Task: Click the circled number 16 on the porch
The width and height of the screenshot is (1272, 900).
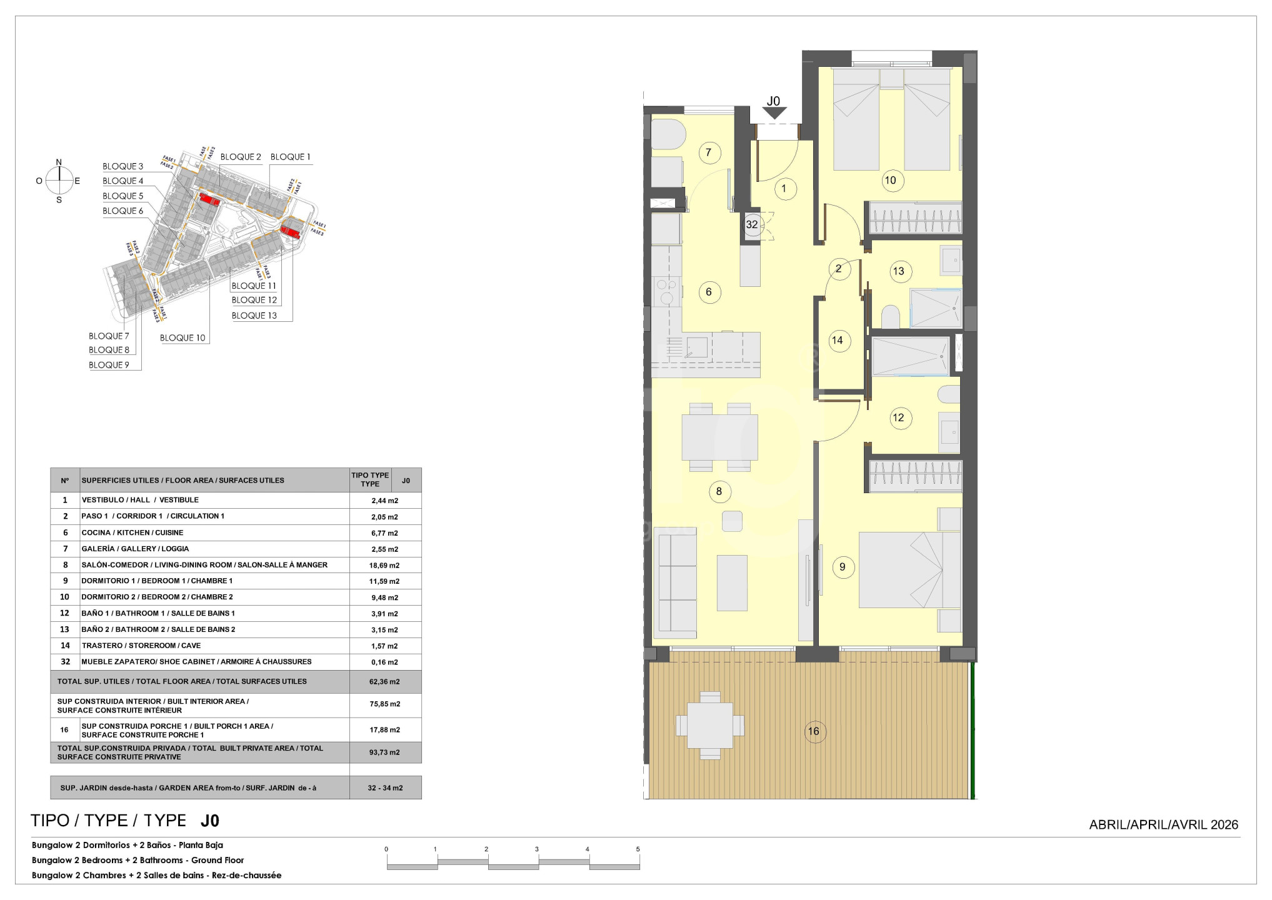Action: click(x=813, y=731)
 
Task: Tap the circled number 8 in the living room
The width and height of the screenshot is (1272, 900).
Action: click(x=719, y=492)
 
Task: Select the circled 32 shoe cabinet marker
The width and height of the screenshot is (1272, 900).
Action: click(x=752, y=224)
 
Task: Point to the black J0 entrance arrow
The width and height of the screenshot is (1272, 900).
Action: click(x=774, y=113)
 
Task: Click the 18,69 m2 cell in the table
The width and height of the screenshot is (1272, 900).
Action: click(x=384, y=565)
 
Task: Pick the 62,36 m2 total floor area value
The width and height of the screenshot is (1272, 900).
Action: click(x=384, y=682)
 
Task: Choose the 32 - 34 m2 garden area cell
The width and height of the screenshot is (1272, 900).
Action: click(x=385, y=788)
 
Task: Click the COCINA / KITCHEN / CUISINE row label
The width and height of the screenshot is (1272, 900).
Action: click(x=133, y=532)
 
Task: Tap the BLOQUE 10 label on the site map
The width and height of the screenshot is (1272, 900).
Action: click(x=183, y=337)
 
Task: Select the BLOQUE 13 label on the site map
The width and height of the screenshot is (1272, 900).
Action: click(x=254, y=316)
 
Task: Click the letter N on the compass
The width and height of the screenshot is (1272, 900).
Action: click(x=59, y=162)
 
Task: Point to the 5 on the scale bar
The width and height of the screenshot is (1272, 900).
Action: click(x=638, y=849)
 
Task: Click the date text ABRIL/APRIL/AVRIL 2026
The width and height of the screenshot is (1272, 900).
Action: click(x=1164, y=824)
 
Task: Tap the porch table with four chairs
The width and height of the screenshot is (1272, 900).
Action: click(x=710, y=725)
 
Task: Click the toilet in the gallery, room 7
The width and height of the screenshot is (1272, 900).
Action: click(x=668, y=134)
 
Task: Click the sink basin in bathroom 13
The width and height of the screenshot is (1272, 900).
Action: click(x=951, y=260)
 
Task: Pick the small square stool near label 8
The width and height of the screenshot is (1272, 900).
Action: click(x=732, y=521)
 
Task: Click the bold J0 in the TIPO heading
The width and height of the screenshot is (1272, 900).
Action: click(x=210, y=821)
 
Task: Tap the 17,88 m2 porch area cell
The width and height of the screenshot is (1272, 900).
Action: click(x=384, y=730)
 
